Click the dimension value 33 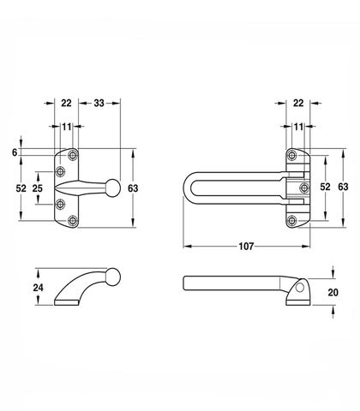coord(99,103)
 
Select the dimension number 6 coord(15,152)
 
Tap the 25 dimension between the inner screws coord(38,188)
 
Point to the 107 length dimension coord(246,246)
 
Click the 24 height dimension coord(38,288)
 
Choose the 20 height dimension coord(333,292)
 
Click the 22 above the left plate coord(66,103)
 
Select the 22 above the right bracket coord(298,103)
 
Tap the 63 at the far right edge coord(343,187)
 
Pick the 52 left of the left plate coord(21,188)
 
